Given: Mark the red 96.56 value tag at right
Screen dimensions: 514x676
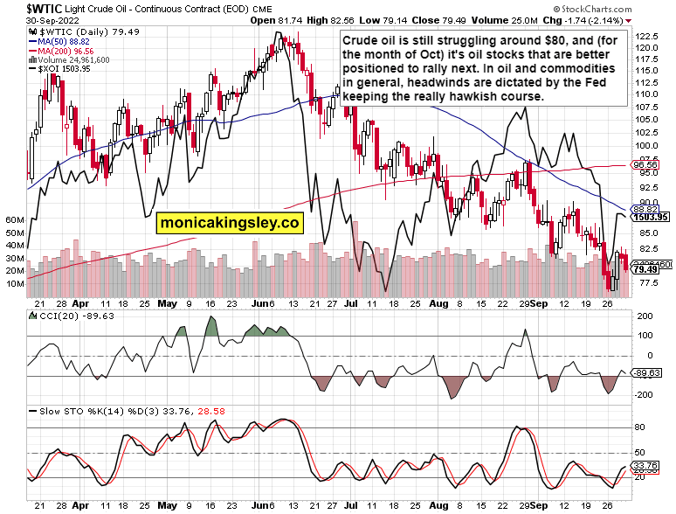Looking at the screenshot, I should pos(645,164).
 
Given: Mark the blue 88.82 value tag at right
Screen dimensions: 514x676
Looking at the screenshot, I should pos(645,210).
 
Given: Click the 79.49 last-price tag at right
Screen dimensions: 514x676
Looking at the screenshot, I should pos(645,269).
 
